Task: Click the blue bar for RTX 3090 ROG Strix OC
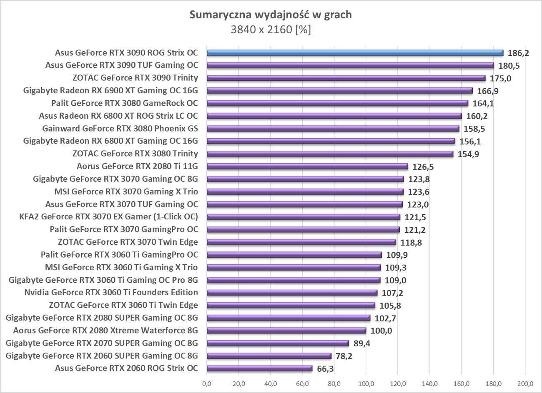354,53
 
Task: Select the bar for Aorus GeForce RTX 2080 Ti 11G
307,167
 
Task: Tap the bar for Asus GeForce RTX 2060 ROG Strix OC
259,368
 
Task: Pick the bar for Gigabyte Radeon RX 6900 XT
339,91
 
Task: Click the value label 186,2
518,53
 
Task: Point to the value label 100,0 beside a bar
381,331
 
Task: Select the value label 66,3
325,369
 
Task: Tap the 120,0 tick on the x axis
398,384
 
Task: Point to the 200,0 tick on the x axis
525,384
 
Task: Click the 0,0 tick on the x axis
207,384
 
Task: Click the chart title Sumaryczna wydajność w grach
271,15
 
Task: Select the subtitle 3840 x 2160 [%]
271,30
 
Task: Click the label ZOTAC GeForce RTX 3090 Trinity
135,78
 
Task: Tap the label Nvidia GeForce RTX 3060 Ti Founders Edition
111,292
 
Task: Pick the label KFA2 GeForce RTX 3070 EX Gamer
109,216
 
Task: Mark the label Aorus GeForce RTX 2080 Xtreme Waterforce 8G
105,331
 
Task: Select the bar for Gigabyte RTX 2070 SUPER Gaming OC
277,343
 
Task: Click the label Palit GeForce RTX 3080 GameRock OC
125,103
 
